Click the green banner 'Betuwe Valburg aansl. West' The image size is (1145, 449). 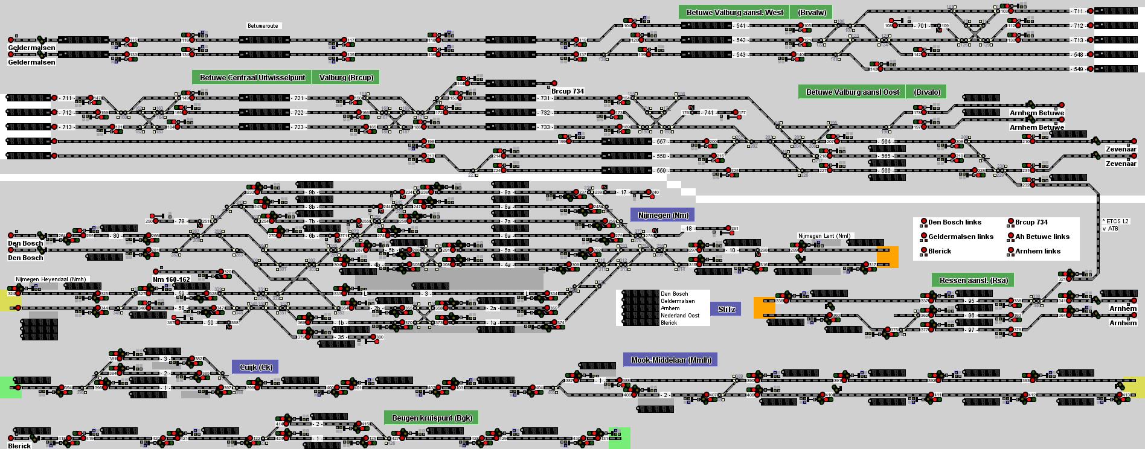(x=734, y=12)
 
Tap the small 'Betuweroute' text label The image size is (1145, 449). (x=263, y=26)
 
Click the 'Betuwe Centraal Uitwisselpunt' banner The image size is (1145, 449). (x=252, y=77)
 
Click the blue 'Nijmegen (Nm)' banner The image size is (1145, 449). (x=662, y=215)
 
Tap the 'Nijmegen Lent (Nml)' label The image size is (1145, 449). (x=824, y=236)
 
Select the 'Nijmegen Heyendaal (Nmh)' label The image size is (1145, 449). (x=51, y=279)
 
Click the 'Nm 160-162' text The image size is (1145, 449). (x=171, y=279)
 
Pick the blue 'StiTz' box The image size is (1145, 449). (x=726, y=309)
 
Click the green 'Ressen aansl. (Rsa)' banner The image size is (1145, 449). (x=973, y=280)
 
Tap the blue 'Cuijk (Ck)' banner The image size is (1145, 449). (x=255, y=367)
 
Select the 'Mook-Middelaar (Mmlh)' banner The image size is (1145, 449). (x=670, y=360)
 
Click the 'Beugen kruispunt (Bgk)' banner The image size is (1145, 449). (x=432, y=418)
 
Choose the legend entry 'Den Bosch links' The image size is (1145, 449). (x=954, y=222)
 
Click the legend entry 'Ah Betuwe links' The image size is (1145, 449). (x=1042, y=237)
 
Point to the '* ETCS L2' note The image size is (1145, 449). (x=1115, y=221)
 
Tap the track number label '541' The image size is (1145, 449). (x=740, y=26)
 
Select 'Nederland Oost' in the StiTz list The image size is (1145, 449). (x=680, y=316)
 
